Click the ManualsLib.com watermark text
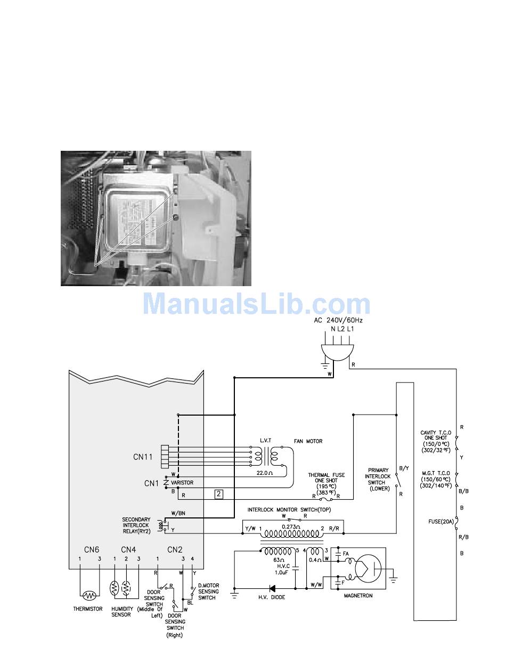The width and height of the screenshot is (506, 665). tap(257, 304)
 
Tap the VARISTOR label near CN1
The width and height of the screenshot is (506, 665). tap(182, 483)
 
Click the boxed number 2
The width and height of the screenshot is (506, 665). tap(219, 493)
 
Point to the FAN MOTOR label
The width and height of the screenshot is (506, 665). tap(308, 441)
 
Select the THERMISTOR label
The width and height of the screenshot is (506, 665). tap(88, 609)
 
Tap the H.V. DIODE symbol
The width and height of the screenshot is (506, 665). tap(272, 588)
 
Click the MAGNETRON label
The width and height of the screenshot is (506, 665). tap(358, 595)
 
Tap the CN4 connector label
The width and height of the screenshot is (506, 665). tap(128, 549)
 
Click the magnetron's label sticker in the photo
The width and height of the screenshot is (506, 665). tap(137, 214)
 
